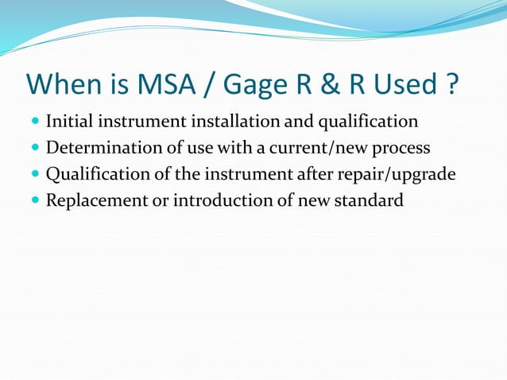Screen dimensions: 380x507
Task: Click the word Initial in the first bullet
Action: (x=68, y=122)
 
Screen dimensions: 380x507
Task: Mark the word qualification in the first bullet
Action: (x=368, y=122)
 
